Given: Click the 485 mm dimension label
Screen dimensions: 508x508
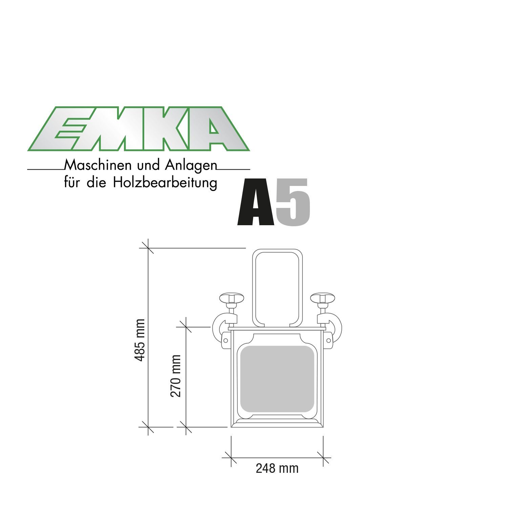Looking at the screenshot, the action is click(140, 340).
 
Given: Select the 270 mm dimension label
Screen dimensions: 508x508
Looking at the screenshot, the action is click(176, 376).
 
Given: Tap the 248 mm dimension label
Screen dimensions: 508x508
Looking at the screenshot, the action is click(277, 468).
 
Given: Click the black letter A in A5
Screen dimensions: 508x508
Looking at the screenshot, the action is click(256, 202).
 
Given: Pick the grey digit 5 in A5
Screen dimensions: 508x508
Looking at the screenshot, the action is click(293, 202).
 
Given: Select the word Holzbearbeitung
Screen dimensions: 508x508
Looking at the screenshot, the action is click(165, 183).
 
